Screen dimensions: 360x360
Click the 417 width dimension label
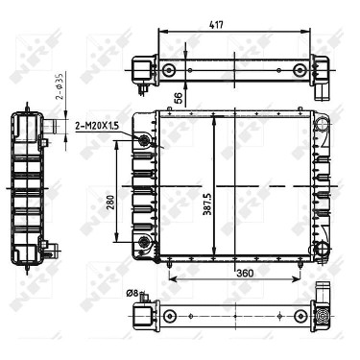(x=216, y=25)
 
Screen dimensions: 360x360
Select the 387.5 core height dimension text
(x=207, y=204)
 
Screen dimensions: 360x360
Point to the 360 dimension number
(x=245, y=274)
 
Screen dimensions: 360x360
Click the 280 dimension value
(x=110, y=204)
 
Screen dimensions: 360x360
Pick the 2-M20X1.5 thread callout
(x=97, y=126)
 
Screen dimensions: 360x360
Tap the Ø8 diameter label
(x=132, y=293)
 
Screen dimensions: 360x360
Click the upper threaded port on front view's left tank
(x=143, y=139)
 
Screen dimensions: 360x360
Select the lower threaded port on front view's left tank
(x=144, y=241)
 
